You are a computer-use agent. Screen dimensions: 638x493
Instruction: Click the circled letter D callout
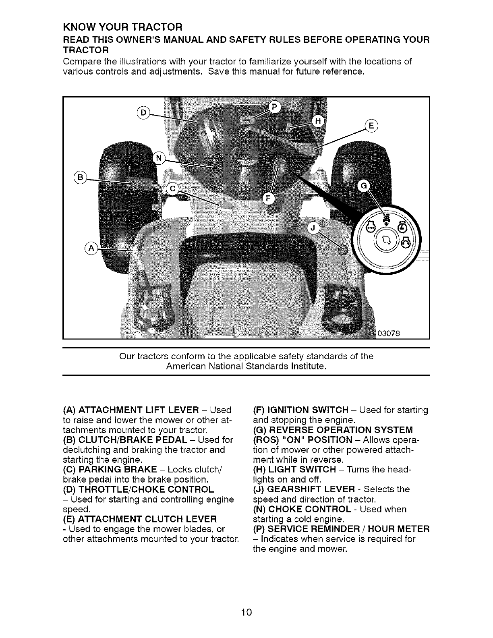tap(143, 112)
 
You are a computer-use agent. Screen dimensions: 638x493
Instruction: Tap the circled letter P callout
tap(275, 108)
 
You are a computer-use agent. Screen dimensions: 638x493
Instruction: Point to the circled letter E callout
tap(370, 126)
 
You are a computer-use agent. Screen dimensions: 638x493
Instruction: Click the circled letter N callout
tap(158, 158)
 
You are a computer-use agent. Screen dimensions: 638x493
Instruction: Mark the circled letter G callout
tap(364, 186)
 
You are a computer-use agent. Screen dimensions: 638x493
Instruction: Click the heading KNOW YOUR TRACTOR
tap(123, 27)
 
